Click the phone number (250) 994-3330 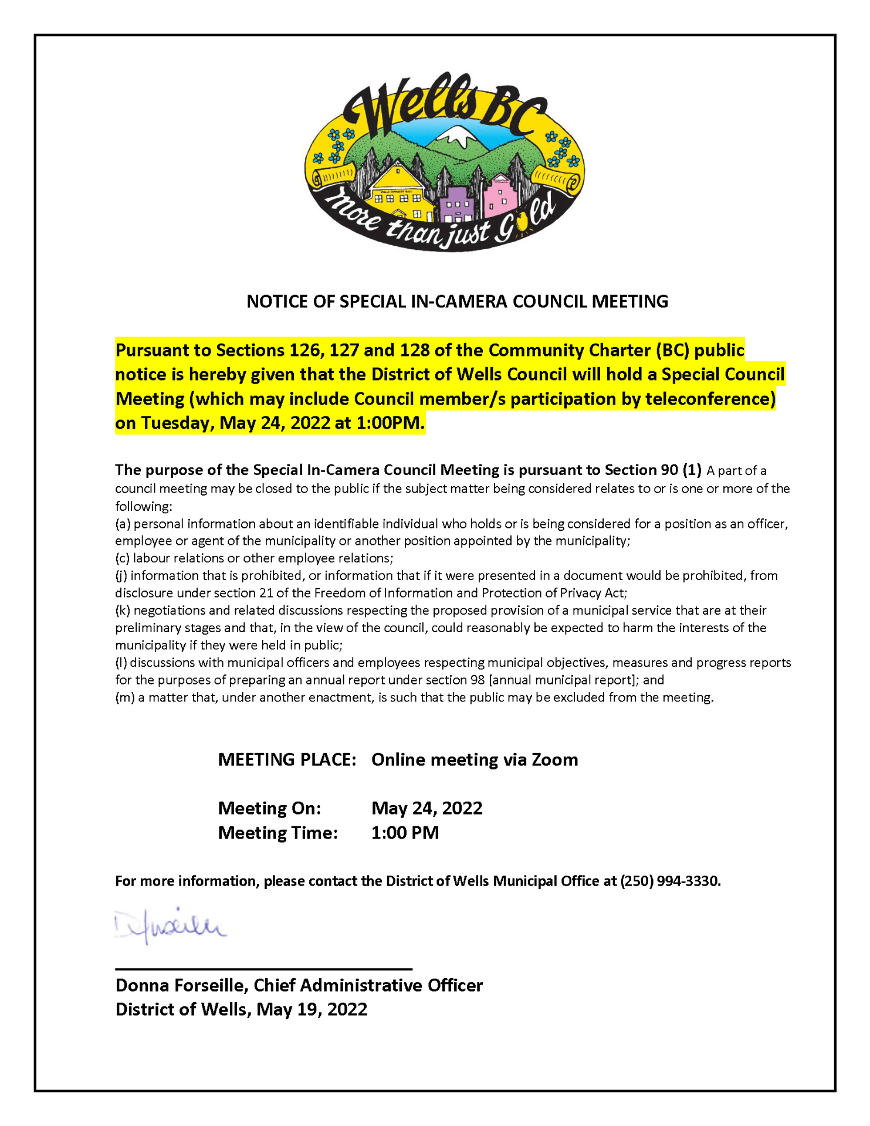click(x=669, y=881)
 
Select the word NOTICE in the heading click(x=276, y=301)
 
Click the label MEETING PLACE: click(x=287, y=759)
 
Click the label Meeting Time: click(x=277, y=833)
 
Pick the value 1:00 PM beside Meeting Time click(x=405, y=833)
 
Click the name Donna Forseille click(x=182, y=985)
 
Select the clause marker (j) click(x=121, y=576)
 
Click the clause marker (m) click(x=124, y=697)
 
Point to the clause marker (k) click(x=123, y=611)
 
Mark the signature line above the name click(x=263, y=969)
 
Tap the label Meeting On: click(x=269, y=808)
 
